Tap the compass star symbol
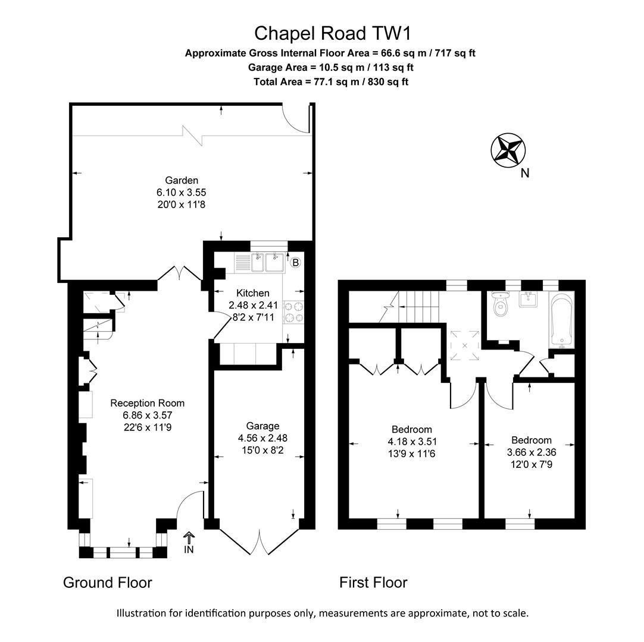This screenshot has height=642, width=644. (508, 149)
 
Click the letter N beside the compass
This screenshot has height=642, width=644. (524, 174)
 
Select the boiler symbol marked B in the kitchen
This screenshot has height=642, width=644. (295, 262)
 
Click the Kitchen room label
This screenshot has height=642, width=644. (253, 293)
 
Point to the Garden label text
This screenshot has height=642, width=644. (182, 180)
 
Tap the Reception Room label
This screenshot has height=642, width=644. (147, 403)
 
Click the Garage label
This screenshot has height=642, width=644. (262, 426)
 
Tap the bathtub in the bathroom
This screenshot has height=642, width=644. (561, 320)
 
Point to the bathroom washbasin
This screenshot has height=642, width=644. (529, 299)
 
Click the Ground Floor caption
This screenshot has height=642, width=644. (108, 583)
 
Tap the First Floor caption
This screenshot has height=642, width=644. (373, 583)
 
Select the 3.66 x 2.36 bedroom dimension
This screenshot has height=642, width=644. (531, 452)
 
